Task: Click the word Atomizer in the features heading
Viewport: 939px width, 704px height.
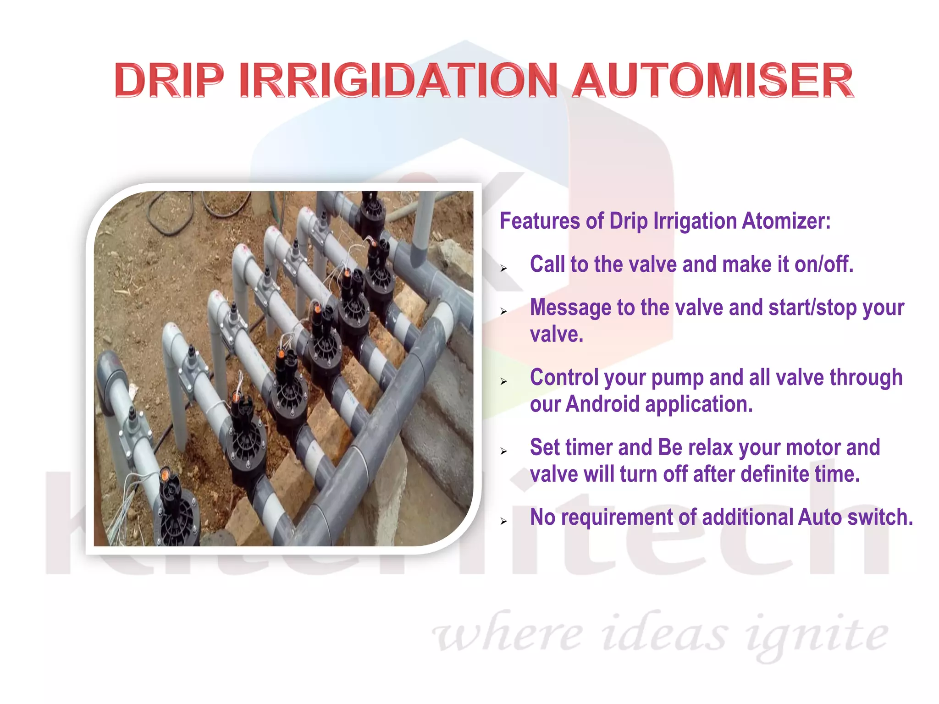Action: [786, 221]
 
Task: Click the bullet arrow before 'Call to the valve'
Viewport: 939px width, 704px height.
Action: [504, 269]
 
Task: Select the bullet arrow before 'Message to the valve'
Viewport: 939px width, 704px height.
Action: [504, 312]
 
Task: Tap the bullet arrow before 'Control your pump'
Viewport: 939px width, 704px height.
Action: [504, 382]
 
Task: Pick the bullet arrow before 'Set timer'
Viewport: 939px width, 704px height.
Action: [504, 452]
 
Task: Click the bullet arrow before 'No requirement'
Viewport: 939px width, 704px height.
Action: [504, 522]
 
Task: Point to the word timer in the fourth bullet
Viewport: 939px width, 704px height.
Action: [590, 447]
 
